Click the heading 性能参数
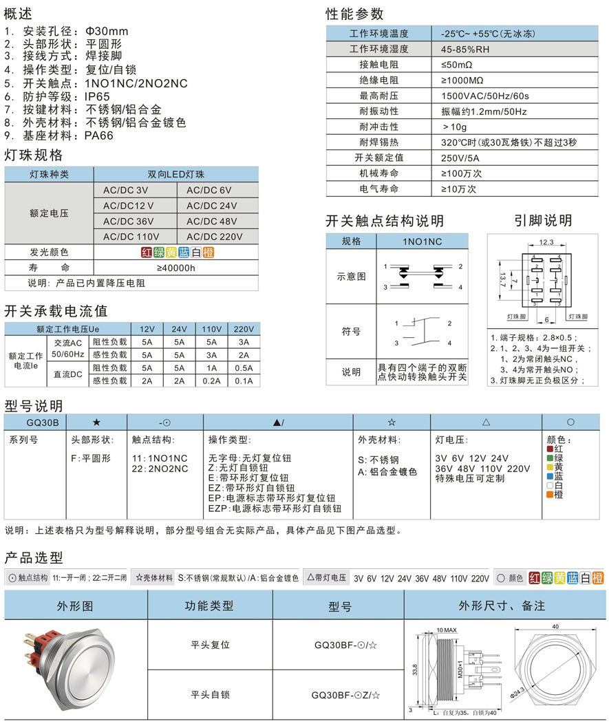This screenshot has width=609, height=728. (354, 14)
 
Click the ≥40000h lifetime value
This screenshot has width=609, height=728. (176, 268)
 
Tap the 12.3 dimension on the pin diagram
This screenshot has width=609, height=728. (546, 242)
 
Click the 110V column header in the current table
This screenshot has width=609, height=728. (212, 329)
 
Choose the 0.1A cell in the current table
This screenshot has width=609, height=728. (243, 381)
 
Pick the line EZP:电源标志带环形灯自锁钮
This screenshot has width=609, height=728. (275, 509)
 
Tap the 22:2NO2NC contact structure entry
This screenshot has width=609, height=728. (159, 469)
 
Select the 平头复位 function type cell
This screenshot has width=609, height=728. (210, 645)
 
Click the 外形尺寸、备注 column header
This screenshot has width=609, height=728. (502, 606)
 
